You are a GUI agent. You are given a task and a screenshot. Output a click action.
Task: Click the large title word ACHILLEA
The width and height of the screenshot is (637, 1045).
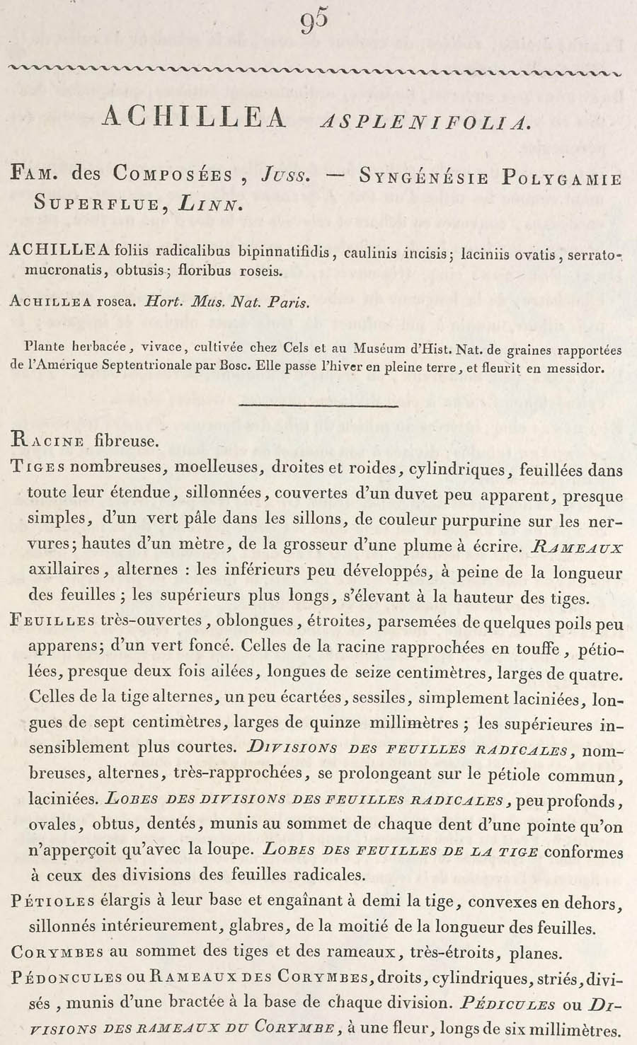click(x=195, y=117)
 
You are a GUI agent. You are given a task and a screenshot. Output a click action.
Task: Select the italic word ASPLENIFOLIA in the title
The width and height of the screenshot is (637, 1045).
click(x=425, y=122)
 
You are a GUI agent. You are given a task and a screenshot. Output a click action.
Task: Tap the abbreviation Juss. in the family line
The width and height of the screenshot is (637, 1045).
click(x=285, y=174)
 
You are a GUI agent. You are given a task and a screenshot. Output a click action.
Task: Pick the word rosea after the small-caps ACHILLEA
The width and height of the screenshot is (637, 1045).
click(x=116, y=301)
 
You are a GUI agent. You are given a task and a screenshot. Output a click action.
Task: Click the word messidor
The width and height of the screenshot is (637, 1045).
click(x=577, y=368)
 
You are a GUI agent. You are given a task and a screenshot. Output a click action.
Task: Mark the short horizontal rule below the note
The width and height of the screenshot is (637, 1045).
click(x=318, y=406)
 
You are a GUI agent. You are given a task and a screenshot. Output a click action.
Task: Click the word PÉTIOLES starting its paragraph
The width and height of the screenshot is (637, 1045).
click(x=53, y=901)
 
